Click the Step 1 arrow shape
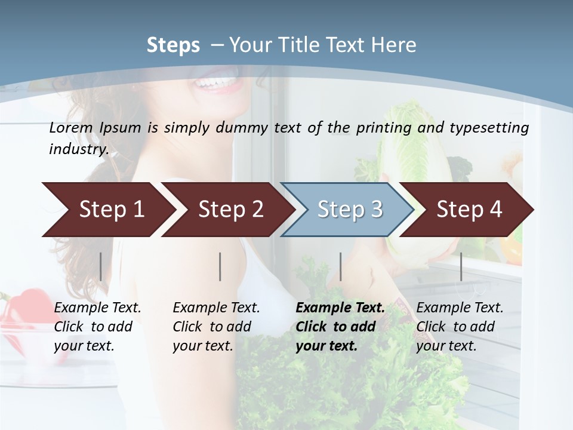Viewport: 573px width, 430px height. pyautogui.click(x=107, y=210)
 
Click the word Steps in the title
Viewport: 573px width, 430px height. pyautogui.click(x=173, y=45)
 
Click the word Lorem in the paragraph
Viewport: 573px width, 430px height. pyautogui.click(x=71, y=128)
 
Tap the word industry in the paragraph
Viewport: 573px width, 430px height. pyautogui.click(x=78, y=149)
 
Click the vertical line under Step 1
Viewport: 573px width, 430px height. pyautogui.click(x=101, y=266)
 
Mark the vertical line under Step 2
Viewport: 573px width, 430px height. pyautogui.click(x=220, y=266)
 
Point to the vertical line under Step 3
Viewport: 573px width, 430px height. pyautogui.click(x=340, y=266)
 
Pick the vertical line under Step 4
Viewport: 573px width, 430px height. pyautogui.click(x=461, y=266)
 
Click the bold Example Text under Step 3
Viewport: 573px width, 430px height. pyautogui.click(x=340, y=308)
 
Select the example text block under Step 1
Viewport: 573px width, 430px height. pyautogui.click(x=97, y=327)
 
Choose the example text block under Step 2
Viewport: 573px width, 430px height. pyautogui.click(x=216, y=327)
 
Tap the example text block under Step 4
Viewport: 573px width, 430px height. pyautogui.click(x=460, y=327)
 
